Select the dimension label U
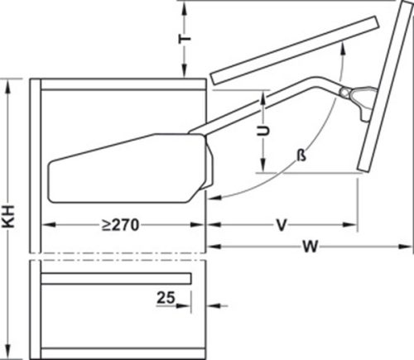click(x=262, y=132)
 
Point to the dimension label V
click(x=283, y=223)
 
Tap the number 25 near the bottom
click(x=164, y=299)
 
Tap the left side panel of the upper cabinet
click(x=35, y=166)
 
